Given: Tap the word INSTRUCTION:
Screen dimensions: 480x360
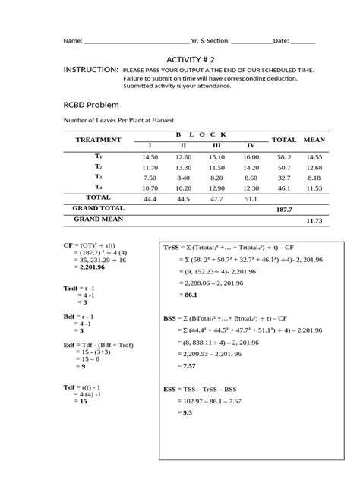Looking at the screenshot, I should (91, 69).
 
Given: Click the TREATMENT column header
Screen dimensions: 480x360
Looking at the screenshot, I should (99, 140).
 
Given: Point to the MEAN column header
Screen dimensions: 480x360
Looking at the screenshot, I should (314, 140).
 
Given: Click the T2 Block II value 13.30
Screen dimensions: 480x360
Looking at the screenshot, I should (183, 166).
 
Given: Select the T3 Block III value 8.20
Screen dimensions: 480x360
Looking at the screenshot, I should (216, 176).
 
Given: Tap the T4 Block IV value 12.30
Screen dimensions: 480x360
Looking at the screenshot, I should (250, 187).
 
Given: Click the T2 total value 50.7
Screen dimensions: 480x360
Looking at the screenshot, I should (284, 166).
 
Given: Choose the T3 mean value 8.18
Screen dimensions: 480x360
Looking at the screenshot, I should (314, 176).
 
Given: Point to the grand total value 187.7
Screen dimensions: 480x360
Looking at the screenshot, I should (284, 208).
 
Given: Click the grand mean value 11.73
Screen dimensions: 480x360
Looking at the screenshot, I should (314, 220).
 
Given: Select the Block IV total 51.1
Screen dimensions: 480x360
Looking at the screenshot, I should (250, 198).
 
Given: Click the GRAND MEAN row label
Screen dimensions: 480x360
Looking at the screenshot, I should (99, 219).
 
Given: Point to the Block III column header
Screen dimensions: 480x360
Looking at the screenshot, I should (216, 145).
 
